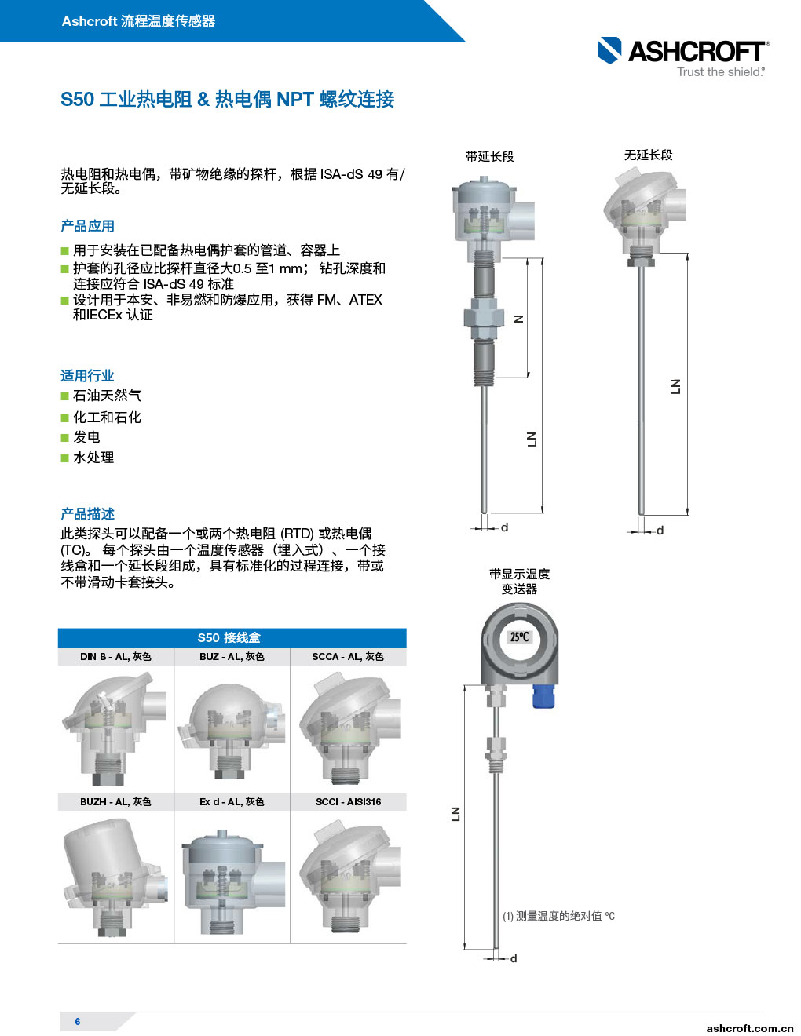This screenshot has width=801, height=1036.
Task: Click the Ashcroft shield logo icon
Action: tap(609, 50)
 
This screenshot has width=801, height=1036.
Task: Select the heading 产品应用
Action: tap(87, 226)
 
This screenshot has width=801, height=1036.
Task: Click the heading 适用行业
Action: tap(87, 376)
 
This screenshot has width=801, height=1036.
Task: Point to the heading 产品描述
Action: tap(87, 514)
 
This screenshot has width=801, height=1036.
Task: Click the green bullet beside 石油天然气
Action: tap(65, 396)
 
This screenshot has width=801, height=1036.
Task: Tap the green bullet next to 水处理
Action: tap(65, 458)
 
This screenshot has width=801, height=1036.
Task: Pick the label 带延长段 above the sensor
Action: tap(489, 156)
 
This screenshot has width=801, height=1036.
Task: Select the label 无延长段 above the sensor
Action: tap(648, 155)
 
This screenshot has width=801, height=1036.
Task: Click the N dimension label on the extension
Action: tap(520, 319)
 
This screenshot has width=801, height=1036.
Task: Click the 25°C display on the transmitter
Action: tap(520, 637)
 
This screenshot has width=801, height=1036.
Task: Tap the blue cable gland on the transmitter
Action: tap(543, 696)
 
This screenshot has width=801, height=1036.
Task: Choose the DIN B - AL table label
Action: tap(115, 656)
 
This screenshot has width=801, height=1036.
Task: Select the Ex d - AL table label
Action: tap(232, 802)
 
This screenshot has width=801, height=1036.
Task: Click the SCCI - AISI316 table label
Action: tap(348, 802)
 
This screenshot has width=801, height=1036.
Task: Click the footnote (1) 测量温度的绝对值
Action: tap(558, 916)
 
